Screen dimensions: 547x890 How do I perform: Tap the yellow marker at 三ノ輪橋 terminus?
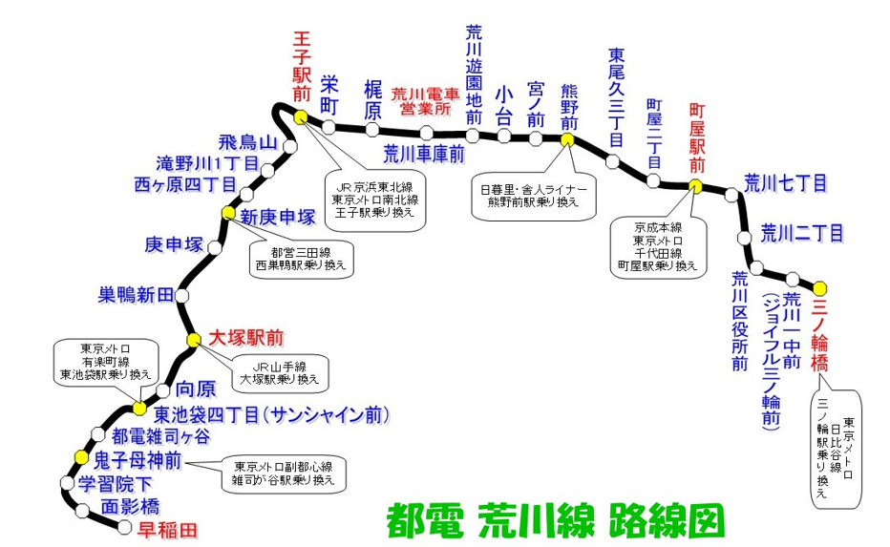point(819,286)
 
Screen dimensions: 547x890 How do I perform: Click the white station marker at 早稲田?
point(123,525)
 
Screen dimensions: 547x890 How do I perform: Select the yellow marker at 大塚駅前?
point(191,339)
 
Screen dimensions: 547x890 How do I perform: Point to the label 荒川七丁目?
point(785,182)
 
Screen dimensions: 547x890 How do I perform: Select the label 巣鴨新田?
point(137,294)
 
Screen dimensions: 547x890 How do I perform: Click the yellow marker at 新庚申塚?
point(227,213)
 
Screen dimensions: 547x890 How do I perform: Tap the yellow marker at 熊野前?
point(567,139)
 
